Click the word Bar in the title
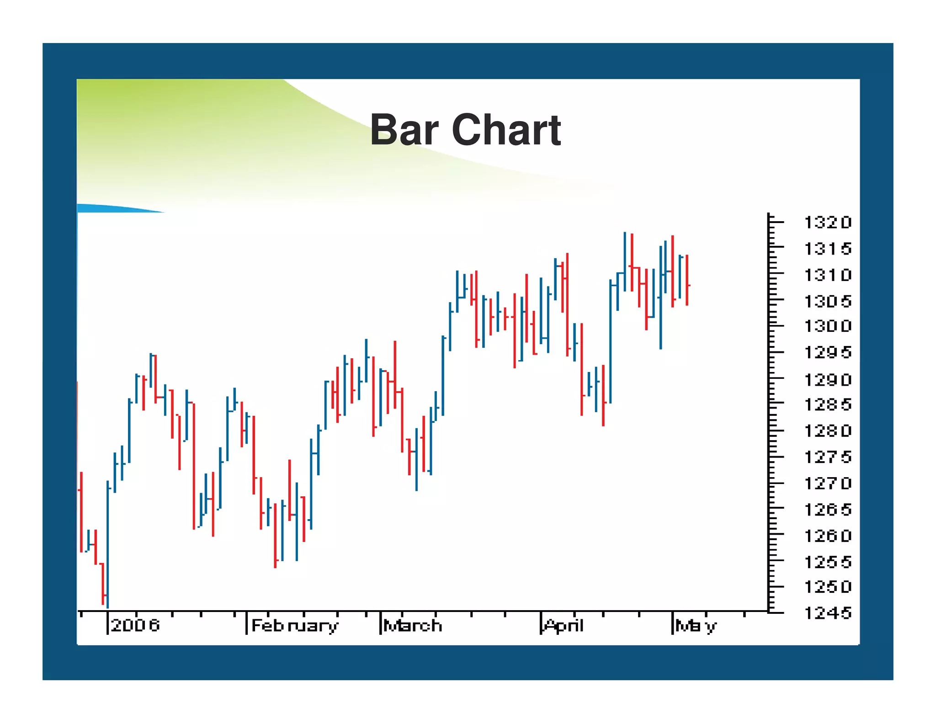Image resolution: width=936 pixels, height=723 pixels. (404, 130)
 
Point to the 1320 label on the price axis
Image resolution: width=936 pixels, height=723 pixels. (827, 223)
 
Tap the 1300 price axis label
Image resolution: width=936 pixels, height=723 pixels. (827, 326)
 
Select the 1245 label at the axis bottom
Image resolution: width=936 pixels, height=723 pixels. (827, 613)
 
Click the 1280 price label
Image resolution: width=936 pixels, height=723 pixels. (827, 431)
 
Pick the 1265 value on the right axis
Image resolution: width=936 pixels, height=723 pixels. (827, 509)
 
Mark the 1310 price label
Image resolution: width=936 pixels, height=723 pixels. (827, 275)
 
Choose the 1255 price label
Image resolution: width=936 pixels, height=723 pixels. (827, 562)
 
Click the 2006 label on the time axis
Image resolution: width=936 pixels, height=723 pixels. (135, 625)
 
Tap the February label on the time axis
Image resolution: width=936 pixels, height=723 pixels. (295, 626)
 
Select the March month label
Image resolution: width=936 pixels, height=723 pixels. (413, 625)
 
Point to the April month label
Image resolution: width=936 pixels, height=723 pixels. (564, 625)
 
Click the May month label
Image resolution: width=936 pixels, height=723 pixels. (696, 626)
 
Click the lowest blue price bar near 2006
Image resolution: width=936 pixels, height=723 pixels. (108, 544)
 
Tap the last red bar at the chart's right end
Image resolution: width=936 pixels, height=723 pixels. (687, 280)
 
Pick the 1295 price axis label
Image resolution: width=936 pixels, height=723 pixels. (827, 352)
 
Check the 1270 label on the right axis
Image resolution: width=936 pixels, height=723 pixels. (827, 483)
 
